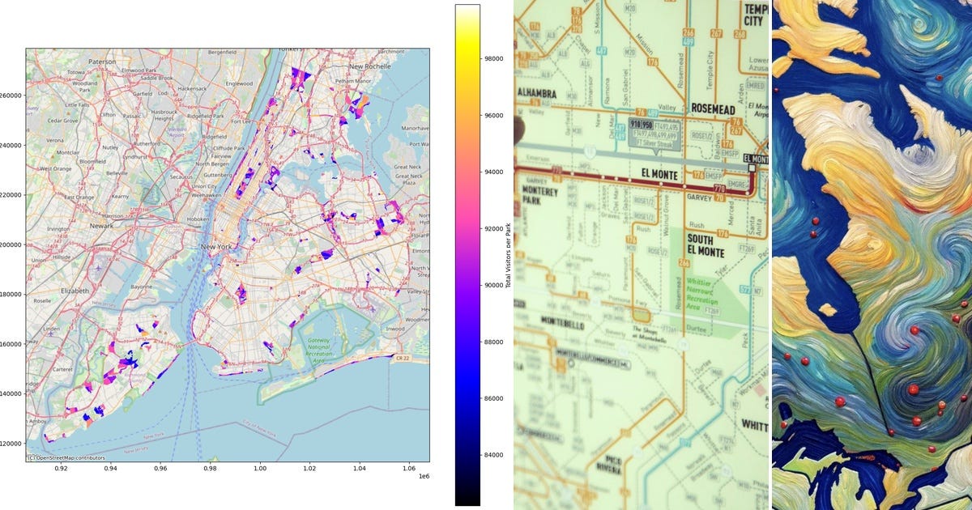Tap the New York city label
tap(217, 246)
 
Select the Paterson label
tap(102, 62)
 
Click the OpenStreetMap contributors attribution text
tap(66, 458)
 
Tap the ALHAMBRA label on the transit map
tap(536, 93)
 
